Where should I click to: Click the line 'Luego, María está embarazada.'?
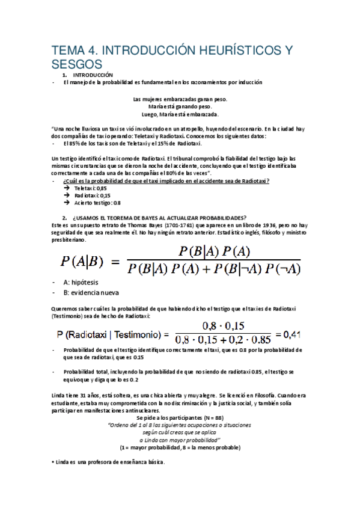(x=180, y=114)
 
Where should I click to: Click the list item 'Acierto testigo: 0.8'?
(x=98, y=203)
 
